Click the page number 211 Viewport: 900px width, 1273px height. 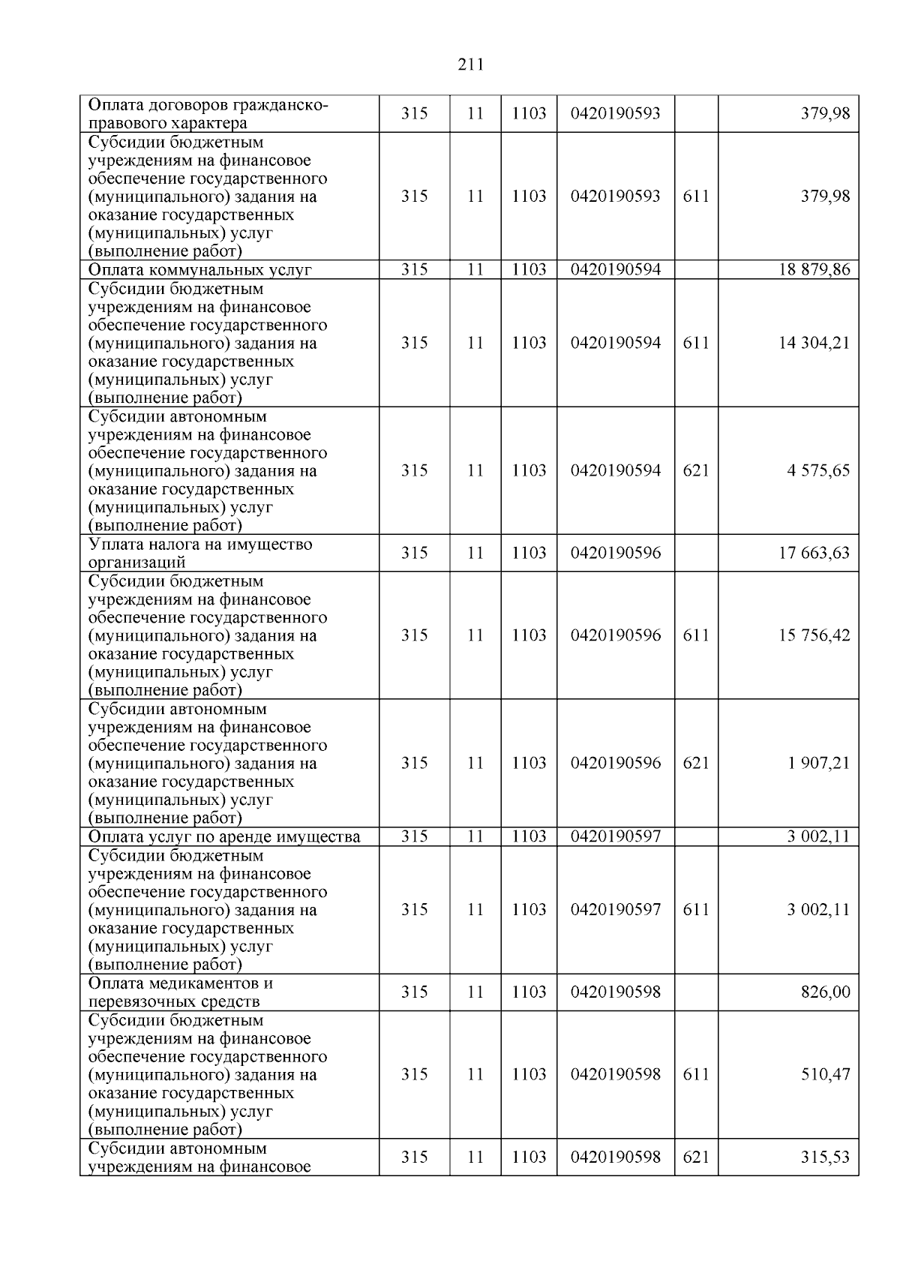pyautogui.click(x=470, y=65)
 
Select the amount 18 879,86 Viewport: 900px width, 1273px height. pyautogui.click(x=814, y=269)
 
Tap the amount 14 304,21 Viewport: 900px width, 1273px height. pyautogui.click(x=814, y=343)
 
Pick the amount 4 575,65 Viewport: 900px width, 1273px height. pyautogui.click(x=818, y=470)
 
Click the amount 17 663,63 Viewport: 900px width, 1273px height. pyautogui.click(x=814, y=553)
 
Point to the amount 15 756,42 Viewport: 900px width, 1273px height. pyautogui.click(x=814, y=635)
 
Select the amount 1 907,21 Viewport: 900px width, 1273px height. pyautogui.click(x=818, y=763)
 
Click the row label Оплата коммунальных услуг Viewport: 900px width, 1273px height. pyautogui.click(x=199, y=270)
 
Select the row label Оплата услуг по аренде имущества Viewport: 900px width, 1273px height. pyautogui.click(x=224, y=836)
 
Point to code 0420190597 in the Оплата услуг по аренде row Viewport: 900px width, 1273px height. pyautogui.click(x=615, y=836)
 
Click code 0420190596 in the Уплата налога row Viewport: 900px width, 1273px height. pyautogui.click(x=615, y=553)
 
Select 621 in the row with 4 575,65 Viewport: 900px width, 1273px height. pyautogui.click(x=696, y=470)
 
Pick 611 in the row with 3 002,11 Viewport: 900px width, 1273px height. pyautogui.click(x=696, y=909)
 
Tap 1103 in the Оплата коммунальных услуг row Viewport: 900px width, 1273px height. pyautogui.click(x=529, y=269)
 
